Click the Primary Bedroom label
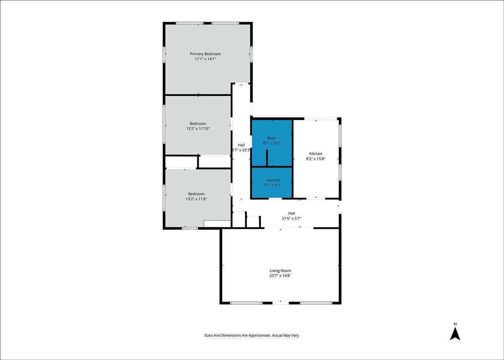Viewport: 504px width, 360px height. tap(205, 54)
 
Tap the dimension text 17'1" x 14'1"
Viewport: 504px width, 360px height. tap(205, 59)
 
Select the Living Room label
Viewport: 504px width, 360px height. tap(280, 271)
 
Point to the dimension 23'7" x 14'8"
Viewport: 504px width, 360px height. tap(280, 276)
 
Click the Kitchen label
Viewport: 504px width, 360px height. tap(316, 154)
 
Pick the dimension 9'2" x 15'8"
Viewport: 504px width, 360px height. tap(316, 159)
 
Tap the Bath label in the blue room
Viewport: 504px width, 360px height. tap(271, 138)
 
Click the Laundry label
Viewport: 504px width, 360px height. tap(273, 180)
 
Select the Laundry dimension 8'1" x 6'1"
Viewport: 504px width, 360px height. tap(273, 185)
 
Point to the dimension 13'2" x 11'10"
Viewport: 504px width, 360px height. tap(198, 129)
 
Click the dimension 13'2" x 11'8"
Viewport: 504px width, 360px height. tap(196, 199)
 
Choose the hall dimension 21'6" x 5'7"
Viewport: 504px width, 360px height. tap(291, 218)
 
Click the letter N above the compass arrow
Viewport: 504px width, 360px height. tap(455, 324)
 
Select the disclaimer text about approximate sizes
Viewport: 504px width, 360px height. tap(252, 335)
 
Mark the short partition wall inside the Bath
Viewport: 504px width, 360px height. tap(267, 158)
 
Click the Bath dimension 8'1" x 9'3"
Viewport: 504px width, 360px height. tap(271, 143)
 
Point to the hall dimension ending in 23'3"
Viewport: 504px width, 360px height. tap(241, 150)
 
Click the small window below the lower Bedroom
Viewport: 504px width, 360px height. tap(190, 229)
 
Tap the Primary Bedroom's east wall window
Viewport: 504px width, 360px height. tap(251, 54)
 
